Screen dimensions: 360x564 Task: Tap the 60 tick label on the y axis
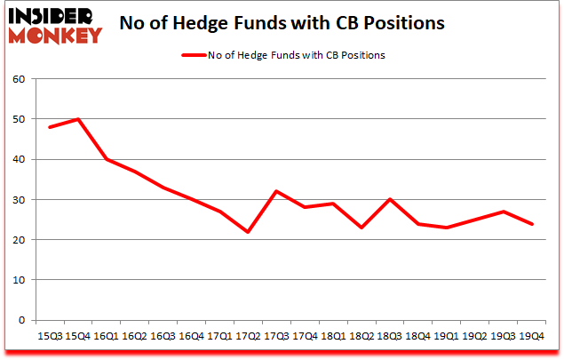20,79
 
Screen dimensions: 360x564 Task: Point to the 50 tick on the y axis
20,119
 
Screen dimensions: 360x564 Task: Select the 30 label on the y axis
20,200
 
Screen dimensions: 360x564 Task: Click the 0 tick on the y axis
22,320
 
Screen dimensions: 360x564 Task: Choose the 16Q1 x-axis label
106,336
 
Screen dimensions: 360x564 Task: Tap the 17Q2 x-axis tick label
249,336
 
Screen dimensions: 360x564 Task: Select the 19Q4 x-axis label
531,336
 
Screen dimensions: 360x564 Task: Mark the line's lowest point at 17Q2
249,232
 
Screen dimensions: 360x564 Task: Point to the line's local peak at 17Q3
277,191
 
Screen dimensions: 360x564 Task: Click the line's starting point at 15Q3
49,127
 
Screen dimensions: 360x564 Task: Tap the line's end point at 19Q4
531,224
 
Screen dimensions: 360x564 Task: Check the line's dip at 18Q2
361,228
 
